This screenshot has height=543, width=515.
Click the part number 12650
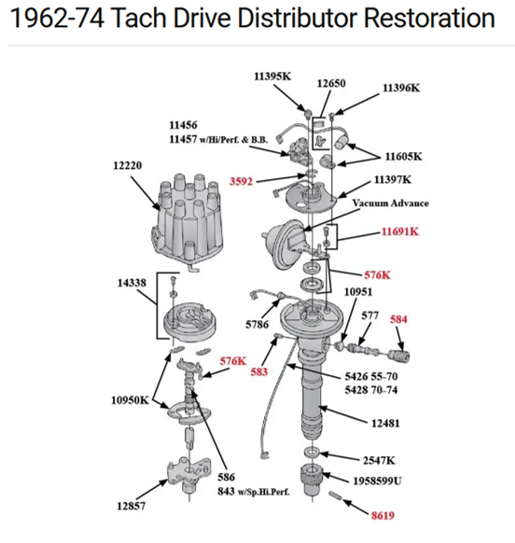click(x=331, y=83)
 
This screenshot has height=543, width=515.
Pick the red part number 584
click(x=398, y=319)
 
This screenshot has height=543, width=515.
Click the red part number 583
click(x=259, y=371)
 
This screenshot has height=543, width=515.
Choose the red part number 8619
click(x=383, y=515)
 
